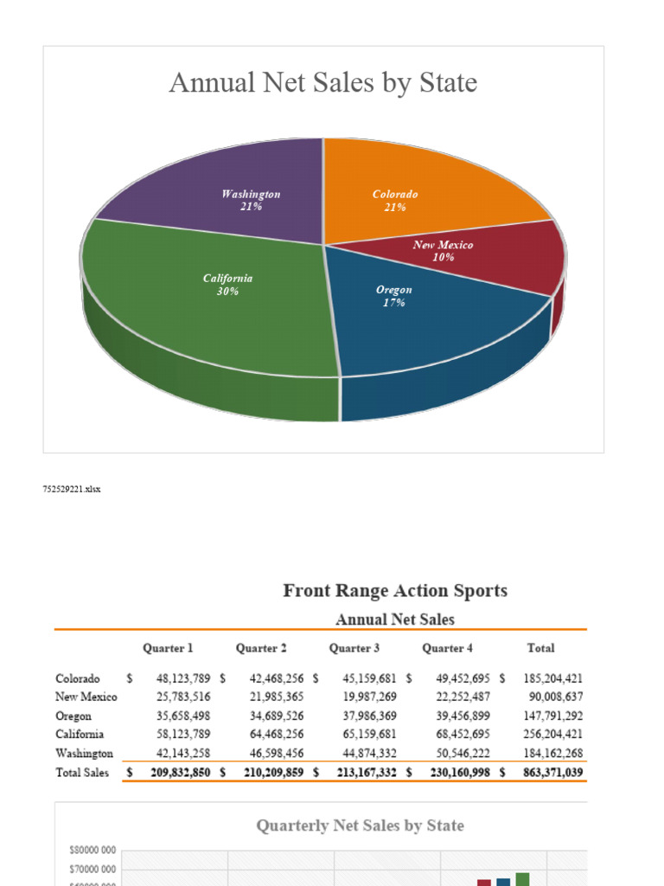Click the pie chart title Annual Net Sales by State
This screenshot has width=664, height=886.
[x=323, y=83]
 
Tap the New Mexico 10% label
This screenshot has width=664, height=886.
[x=443, y=251]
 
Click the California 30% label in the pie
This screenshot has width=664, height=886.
[x=227, y=285]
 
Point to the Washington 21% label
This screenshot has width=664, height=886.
[x=251, y=201]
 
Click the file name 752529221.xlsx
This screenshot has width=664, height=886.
[x=72, y=489]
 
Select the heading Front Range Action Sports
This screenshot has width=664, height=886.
[x=395, y=591]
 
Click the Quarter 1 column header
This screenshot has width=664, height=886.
[x=168, y=648]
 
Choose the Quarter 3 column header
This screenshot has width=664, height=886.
[x=354, y=648]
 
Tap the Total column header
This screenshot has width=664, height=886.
[x=540, y=648]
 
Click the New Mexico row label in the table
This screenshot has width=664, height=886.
[x=86, y=697]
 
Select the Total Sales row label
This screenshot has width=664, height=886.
[x=83, y=772]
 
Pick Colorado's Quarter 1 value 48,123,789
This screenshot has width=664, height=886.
[x=183, y=678]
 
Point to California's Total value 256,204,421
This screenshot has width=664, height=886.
[x=553, y=735]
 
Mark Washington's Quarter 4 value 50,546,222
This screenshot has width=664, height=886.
[x=463, y=754]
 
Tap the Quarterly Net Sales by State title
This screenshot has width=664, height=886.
[x=360, y=825]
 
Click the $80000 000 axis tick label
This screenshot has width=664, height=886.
[x=93, y=851]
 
